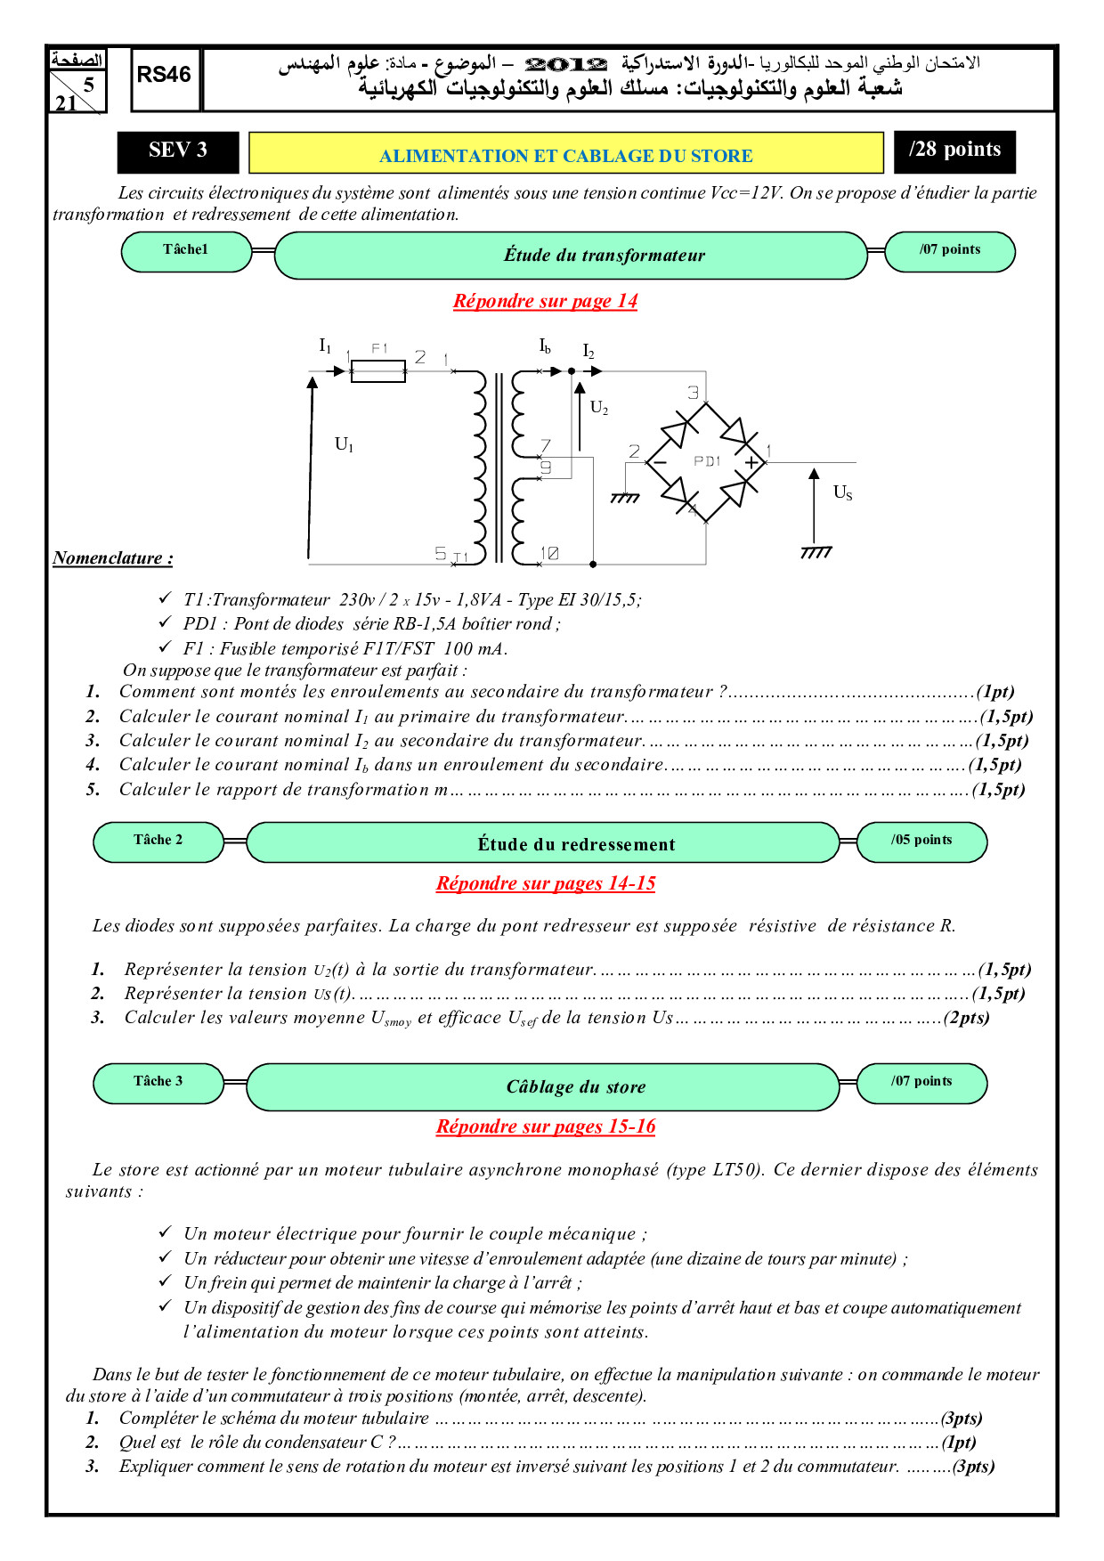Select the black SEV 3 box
pyautogui.click(x=178, y=151)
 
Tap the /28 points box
pyautogui.click(x=954, y=151)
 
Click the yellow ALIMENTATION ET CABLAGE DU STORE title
pyautogui.click(x=565, y=155)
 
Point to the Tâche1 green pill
pyautogui.click(x=186, y=251)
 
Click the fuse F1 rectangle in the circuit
pyautogui.click(x=378, y=370)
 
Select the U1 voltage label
pyautogui.click(x=344, y=444)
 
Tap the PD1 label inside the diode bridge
pyautogui.click(x=707, y=461)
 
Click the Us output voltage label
pyautogui.click(x=842, y=492)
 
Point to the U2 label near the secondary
pyautogui.click(x=599, y=408)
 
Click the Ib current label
pyautogui.click(x=545, y=346)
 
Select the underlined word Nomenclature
pyautogui.click(x=112, y=558)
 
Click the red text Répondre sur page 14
pyautogui.click(x=545, y=301)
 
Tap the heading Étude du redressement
pyautogui.click(x=576, y=844)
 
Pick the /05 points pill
pyautogui.click(x=921, y=841)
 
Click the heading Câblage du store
pyautogui.click(x=576, y=1087)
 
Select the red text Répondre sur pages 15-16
pyautogui.click(x=545, y=1126)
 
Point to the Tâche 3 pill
pyautogui.click(x=158, y=1082)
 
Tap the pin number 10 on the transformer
pyautogui.click(x=550, y=554)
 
